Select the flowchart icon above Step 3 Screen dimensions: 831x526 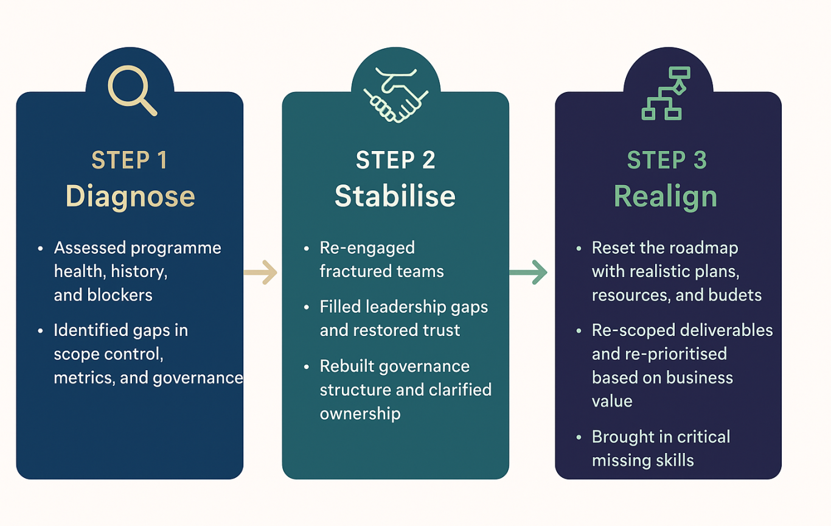666,93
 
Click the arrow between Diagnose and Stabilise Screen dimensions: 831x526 260,273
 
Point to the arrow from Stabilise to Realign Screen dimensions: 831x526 528,273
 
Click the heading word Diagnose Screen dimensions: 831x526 130,197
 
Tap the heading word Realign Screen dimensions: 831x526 666,197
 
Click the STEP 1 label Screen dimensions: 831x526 130,160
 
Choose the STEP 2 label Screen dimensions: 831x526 395,160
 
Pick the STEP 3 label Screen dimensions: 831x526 667,160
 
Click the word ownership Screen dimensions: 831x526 360,414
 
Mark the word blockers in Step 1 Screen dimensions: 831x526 119,295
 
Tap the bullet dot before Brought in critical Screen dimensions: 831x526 579,438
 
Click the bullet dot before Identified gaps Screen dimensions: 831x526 40,331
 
